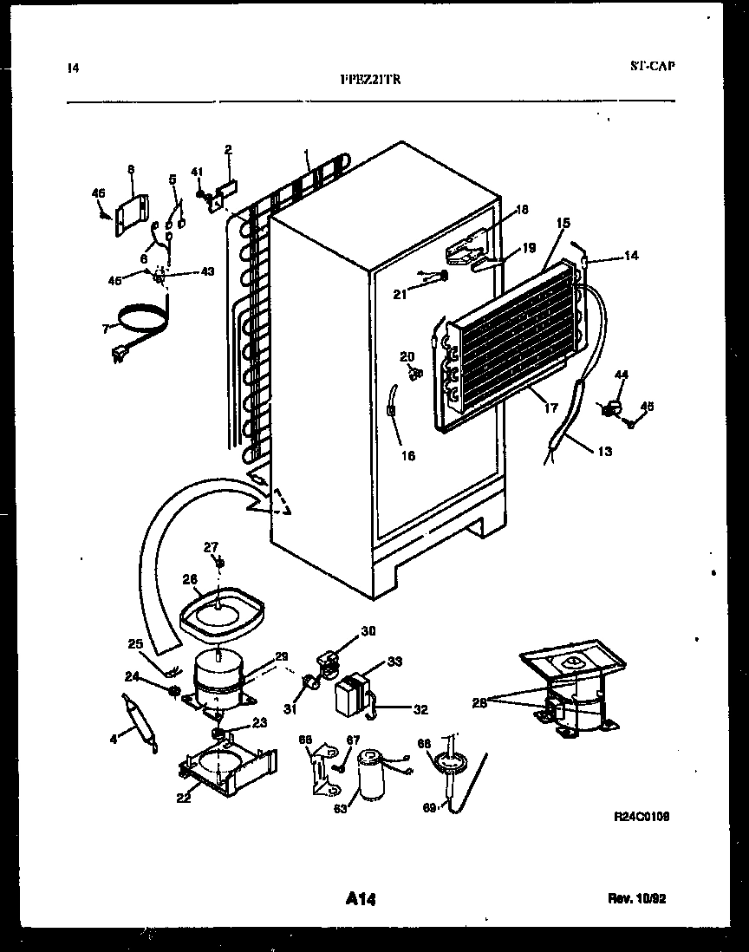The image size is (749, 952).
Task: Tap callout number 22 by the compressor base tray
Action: point(184,799)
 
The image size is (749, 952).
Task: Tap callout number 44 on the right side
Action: point(622,374)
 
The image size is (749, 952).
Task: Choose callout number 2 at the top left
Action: point(229,149)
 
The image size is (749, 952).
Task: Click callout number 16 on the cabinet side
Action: point(408,455)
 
